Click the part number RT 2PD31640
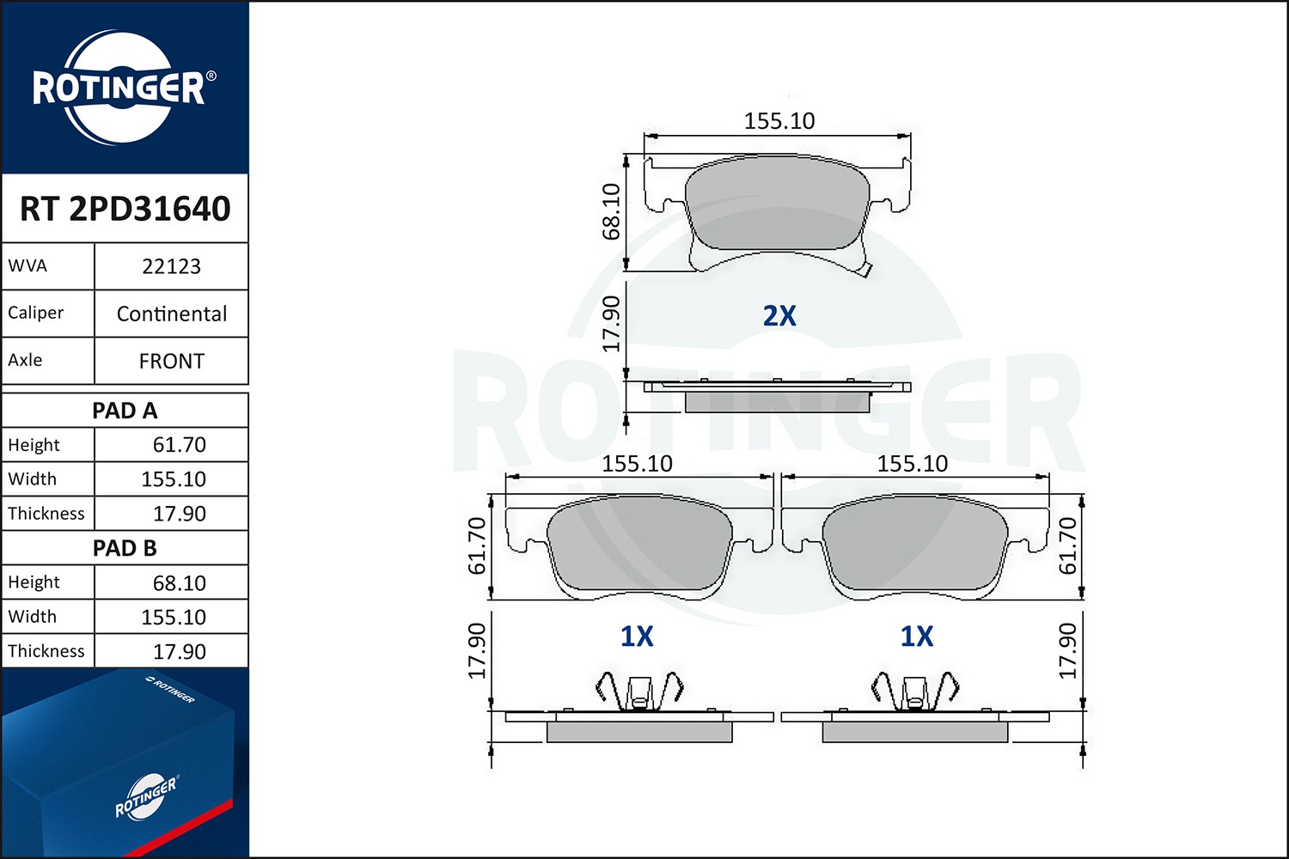pos(125,209)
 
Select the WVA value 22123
pos(171,266)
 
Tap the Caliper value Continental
pos(171,314)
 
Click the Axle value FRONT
pos(171,361)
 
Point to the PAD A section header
pos(125,411)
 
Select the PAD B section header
pos(125,548)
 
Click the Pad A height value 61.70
pos(179,445)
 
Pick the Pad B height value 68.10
pos(179,583)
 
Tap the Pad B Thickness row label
pos(46,651)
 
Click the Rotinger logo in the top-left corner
pos(120,88)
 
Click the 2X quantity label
pos(779,316)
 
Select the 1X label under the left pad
pos(637,637)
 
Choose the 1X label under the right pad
pos(916,637)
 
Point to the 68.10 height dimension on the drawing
pos(611,211)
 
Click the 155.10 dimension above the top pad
pos(779,121)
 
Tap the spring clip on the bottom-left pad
pos(638,690)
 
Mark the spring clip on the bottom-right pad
pos(914,690)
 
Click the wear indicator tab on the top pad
pos(867,271)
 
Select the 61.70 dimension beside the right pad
pos(1066,545)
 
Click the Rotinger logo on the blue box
pos(146,797)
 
